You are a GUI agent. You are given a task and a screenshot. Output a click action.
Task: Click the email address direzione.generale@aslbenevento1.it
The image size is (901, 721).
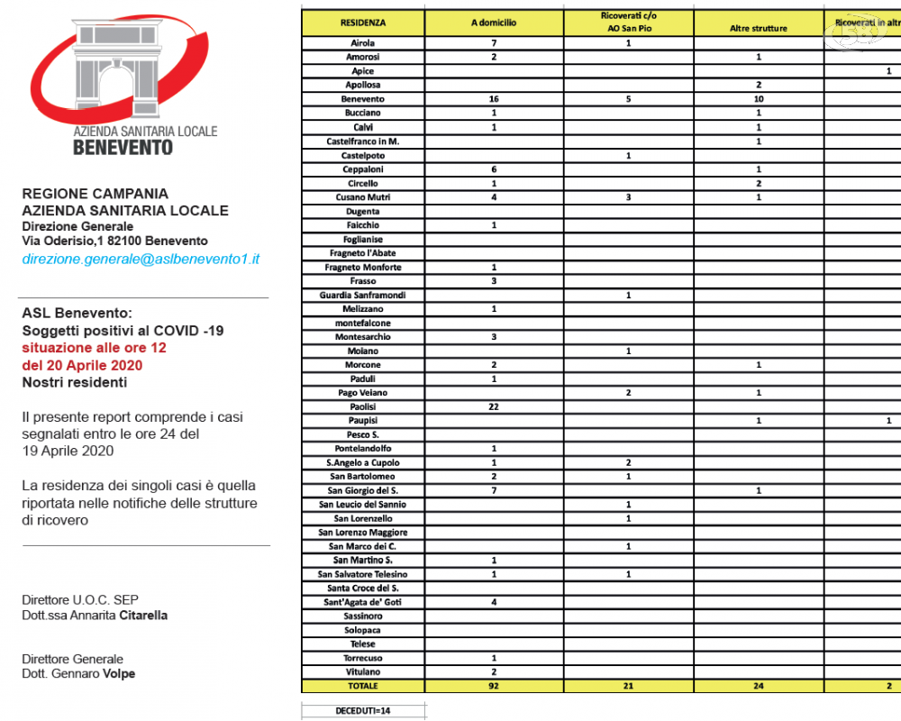(x=141, y=259)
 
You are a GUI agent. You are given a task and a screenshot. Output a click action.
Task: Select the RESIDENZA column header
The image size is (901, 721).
(x=363, y=23)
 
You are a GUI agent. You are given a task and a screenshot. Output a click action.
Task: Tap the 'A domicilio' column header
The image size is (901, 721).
(x=494, y=23)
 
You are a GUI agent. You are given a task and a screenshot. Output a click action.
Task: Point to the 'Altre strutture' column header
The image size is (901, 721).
(x=759, y=29)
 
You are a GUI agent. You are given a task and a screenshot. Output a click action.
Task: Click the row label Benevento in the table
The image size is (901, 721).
(x=363, y=99)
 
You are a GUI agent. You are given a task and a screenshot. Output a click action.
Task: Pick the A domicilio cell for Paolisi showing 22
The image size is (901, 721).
(x=494, y=406)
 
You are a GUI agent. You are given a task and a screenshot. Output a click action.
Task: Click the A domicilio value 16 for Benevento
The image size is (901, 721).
(x=494, y=99)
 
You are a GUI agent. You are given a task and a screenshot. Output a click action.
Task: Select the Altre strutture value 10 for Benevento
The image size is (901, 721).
(x=759, y=99)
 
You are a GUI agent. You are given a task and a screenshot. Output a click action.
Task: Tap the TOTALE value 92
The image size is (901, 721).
(x=494, y=686)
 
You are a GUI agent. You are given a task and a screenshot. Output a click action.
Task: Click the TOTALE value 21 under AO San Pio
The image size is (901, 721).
(x=628, y=686)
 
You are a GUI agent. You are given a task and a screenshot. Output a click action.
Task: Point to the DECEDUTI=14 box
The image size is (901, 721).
(x=362, y=710)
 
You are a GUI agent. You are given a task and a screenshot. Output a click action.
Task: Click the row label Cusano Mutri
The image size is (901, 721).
(x=363, y=197)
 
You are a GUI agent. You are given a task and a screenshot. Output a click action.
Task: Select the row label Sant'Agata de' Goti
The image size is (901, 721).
(x=363, y=602)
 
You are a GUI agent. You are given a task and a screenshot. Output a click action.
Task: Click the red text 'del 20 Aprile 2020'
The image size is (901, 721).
(x=82, y=365)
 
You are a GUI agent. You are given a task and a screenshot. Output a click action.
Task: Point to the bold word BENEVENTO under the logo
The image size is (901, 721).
(x=123, y=146)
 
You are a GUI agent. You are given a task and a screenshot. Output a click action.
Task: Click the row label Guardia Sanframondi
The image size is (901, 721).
(x=363, y=296)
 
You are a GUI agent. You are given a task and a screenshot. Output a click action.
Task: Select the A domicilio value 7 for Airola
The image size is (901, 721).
(x=494, y=42)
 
